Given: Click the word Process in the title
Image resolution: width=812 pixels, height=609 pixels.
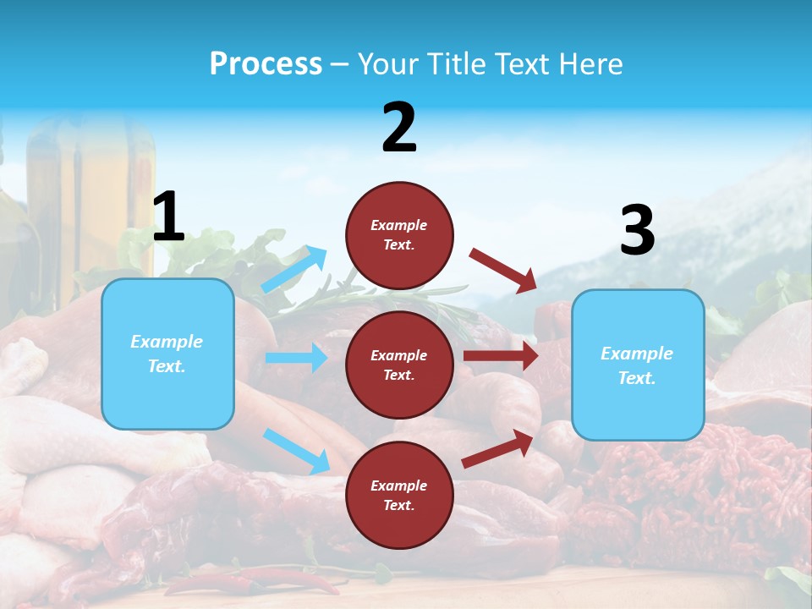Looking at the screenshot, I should pyautogui.click(x=266, y=64).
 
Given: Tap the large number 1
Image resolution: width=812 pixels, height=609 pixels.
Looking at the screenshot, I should pyautogui.click(x=168, y=217).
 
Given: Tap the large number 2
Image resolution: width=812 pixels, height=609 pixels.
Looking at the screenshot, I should pyautogui.click(x=399, y=129).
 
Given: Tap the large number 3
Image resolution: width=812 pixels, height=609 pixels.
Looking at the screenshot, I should pyautogui.click(x=637, y=230).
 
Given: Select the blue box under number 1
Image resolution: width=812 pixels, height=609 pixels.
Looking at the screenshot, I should pyautogui.click(x=167, y=354).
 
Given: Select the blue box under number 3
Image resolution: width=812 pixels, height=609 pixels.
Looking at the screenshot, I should pyautogui.click(x=638, y=365).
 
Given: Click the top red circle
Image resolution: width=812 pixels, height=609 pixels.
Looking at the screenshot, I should pyautogui.click(x=399, y=235).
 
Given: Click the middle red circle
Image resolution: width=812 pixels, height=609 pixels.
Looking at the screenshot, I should pyautogui.click(x=399, y=365).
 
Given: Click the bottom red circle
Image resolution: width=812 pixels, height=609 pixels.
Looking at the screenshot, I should pyautogui.click(x=399, y=495).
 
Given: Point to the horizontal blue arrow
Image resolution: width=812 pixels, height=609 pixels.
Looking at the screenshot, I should pyautogui.click(x=297, y=358).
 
